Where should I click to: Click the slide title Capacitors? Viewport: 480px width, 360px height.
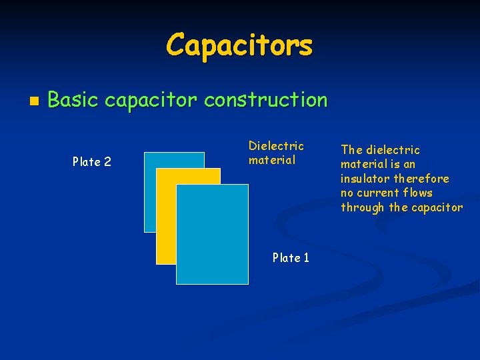click(239, 45)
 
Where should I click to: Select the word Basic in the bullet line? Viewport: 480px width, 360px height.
click(73, 101)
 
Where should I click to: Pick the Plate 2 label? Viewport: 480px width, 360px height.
click(92, 162)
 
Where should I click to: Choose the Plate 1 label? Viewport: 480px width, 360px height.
click(291, 258)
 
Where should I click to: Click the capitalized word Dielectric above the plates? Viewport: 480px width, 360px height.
click(276, 146)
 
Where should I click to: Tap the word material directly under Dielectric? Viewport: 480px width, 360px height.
click(272, 160)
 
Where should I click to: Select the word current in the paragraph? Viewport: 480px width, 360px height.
click(378, 193)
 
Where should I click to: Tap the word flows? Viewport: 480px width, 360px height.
click(418, 193)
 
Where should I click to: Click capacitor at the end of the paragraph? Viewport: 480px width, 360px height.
click(437, 207)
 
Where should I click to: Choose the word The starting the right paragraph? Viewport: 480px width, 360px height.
click(351, 150)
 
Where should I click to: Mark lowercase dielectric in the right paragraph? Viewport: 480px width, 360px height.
click(393, 150)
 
